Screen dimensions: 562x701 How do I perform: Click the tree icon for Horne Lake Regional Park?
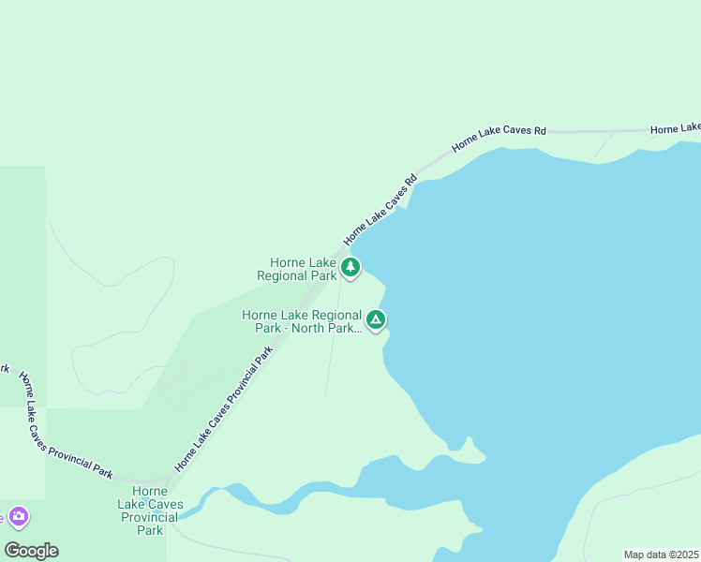click(x=350, y=268)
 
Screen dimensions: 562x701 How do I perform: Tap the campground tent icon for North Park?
click(x=376, y=320)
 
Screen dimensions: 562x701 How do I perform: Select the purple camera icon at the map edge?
click(x=18, y=516)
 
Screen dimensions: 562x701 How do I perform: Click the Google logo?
click(x=31, y=551)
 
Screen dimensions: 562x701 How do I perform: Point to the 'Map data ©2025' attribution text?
click(x=661, y=554)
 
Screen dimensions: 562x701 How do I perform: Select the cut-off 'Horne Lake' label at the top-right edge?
click(x=675, y=127)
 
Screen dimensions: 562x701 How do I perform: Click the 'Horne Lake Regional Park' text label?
click(x=296, y=270)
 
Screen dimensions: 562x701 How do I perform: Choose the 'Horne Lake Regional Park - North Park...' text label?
click(x=301, y=321)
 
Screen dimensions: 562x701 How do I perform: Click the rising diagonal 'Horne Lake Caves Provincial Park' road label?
click(x=223, y=408)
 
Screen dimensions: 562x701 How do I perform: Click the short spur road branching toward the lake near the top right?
click(x=604, y=143)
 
